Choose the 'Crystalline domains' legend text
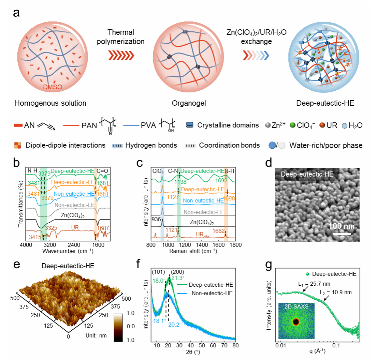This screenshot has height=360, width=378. [228, 125]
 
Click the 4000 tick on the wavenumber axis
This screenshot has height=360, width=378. [26, 245]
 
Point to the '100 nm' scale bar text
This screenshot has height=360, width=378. [342, 226]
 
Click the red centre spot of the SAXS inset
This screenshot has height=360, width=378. [296, 321]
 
